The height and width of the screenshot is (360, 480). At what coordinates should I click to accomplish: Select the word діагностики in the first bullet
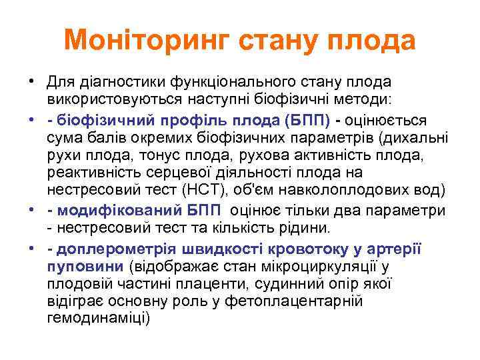pos(111,81)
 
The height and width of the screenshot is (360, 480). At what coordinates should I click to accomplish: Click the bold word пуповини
pos(85,267)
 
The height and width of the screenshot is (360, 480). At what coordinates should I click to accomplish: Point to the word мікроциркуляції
pos(309,267)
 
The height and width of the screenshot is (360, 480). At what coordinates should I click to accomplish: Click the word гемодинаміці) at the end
pos(99,319)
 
